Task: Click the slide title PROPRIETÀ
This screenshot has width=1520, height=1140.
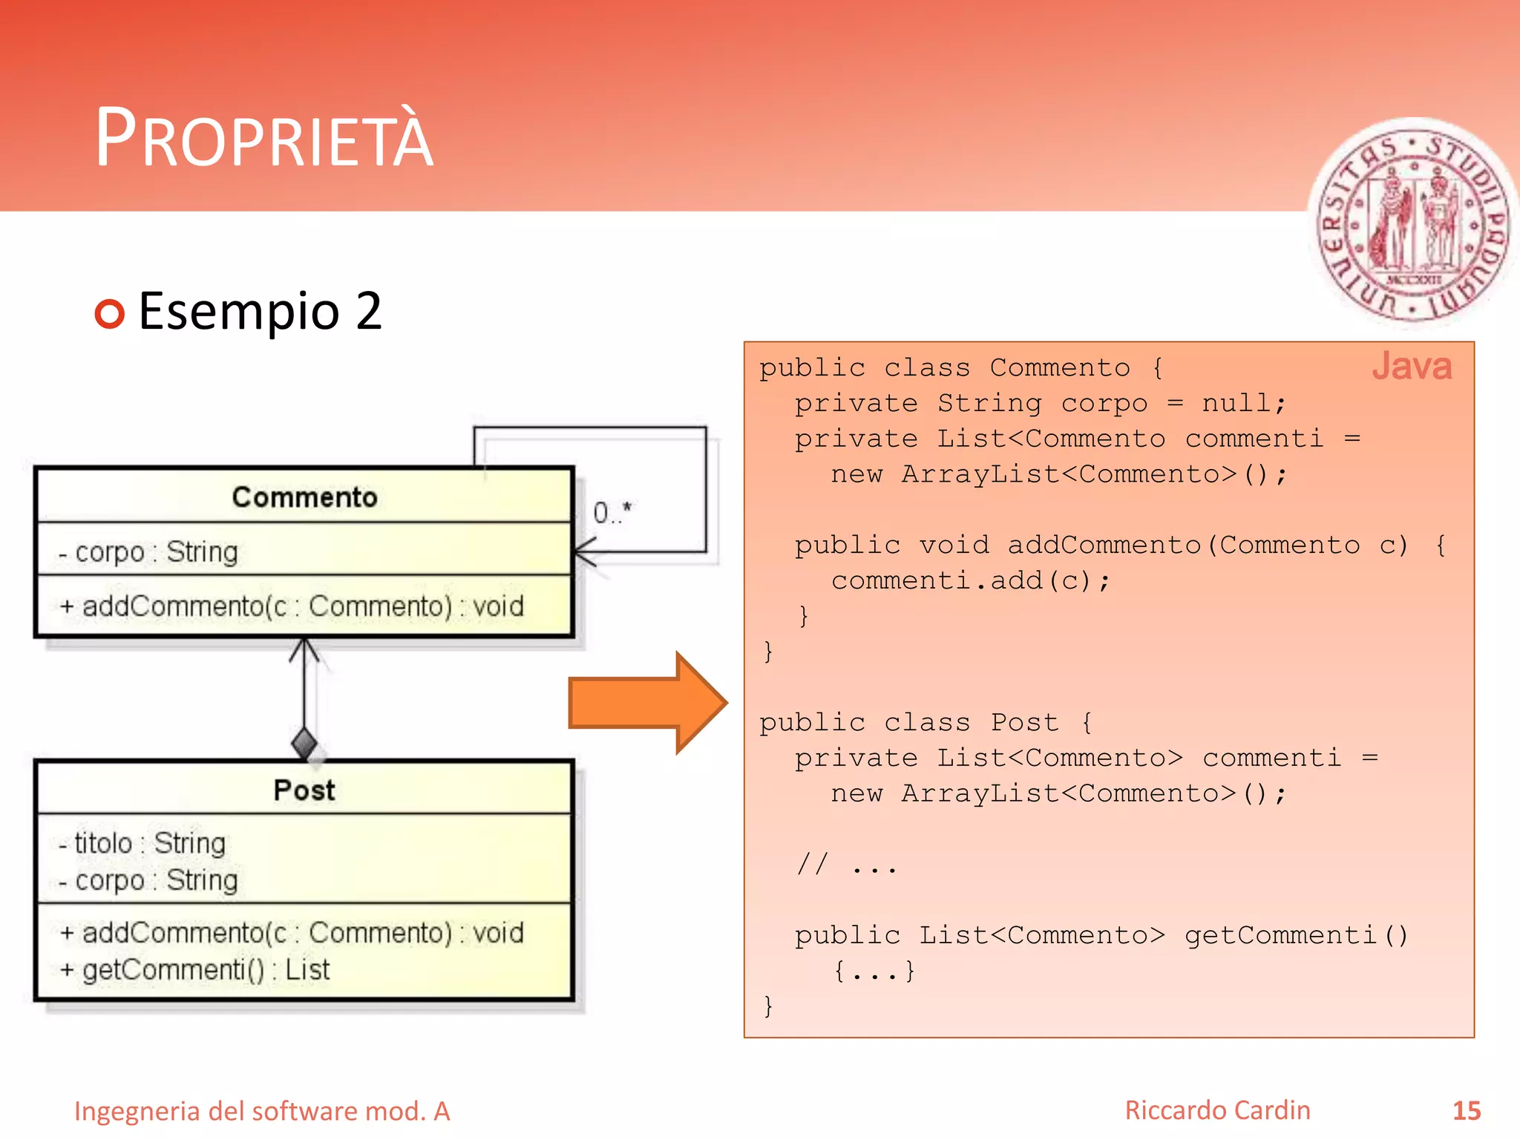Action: [x=264, y=138]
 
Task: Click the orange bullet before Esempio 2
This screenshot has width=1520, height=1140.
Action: [x=110, y=314]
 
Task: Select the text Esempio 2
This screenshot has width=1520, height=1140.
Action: [x=260, y=311]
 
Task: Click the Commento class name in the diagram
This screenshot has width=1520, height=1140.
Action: [x=304, y=497]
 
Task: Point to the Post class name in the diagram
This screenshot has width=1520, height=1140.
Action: [x=304, y=790]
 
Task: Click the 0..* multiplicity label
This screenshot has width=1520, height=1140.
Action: [x=612, y=512]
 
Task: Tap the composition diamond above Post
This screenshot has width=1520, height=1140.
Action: [x=304, y=742]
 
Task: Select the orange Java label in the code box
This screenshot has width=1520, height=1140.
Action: [x=1411, y=367]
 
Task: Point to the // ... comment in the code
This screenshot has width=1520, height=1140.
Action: [x=846, y=865]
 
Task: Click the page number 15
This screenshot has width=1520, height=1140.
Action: [x=1466, y=1111]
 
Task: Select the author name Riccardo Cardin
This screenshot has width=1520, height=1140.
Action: [x=1217, y=1110]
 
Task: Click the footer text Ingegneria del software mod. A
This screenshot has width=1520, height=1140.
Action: [x=262, y=1112]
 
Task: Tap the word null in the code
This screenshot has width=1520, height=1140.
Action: [x=1236, y=404]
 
